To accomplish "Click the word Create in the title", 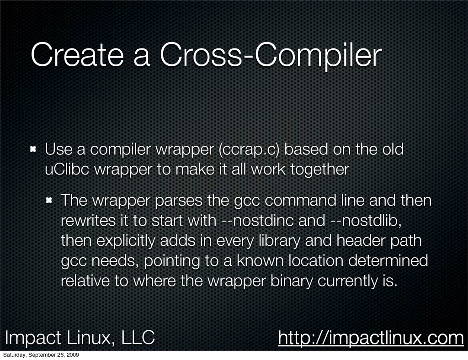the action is click(x=77, y=54).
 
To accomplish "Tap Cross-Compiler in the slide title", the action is click(x=271, y=56).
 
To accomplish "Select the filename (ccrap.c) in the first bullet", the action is click(x=249, y=149).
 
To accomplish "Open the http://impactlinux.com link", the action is click(x=371, y=338).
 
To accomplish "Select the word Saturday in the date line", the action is click(x=15, y=355).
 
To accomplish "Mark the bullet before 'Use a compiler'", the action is click(x=33, y=149).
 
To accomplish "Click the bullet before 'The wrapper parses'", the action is click(x=49, y=201).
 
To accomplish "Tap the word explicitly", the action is click(x=126, y=241).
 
